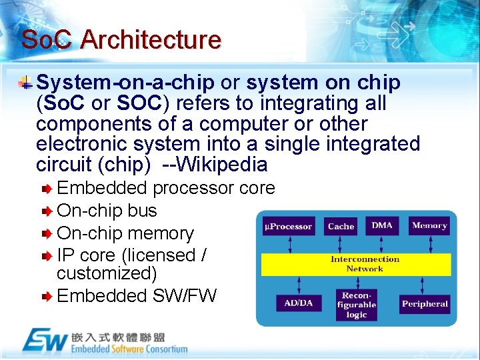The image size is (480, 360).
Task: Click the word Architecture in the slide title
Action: coord(151,39)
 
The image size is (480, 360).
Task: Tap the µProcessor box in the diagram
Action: coord(288,227)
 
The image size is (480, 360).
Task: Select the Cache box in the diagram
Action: coord(341,227)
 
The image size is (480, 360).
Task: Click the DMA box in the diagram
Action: coord(382,225)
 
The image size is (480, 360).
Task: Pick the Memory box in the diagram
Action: coord(429,225)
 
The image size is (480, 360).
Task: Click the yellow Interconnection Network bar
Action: coord(356,264)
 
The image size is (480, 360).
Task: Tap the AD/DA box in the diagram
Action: coord(298,303)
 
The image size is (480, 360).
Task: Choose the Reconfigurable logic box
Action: coord(357,305)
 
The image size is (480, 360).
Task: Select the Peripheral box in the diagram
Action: coord(425,304)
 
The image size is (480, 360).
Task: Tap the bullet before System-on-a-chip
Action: coord(25,83)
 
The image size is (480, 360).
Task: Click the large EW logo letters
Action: coord(45,341)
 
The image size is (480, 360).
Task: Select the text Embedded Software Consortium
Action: coord(129,349)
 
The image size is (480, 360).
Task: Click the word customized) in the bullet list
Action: coord(107,273)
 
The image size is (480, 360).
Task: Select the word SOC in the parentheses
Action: coord(139,104)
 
